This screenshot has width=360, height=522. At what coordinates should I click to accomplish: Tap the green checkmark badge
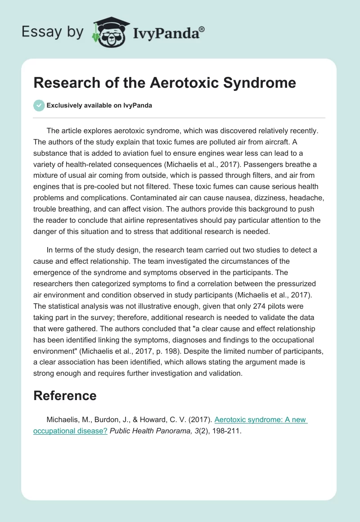tap(39, 105)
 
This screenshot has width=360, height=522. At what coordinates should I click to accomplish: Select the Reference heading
tap(65, 396)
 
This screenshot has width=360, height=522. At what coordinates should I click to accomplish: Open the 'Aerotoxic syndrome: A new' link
tap(261, 419)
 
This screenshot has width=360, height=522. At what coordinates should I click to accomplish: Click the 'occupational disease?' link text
tap(70, 430)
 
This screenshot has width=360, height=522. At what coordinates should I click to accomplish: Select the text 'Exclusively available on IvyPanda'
tap(99, 105)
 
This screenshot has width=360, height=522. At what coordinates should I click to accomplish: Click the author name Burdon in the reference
tap(101, 419)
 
